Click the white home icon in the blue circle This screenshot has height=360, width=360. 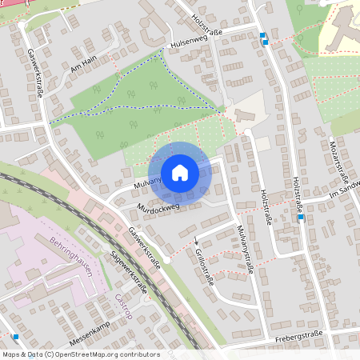click(180, 172)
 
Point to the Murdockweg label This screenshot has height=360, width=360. click(158, 207)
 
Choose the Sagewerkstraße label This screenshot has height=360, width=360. click(129, 272)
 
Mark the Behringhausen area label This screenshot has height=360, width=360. click(72, 258)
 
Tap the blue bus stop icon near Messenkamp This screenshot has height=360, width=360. click(15, 337)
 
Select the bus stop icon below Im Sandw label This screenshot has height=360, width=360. click(300, 216)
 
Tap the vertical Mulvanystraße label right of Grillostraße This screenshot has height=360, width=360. click(244, 250)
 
